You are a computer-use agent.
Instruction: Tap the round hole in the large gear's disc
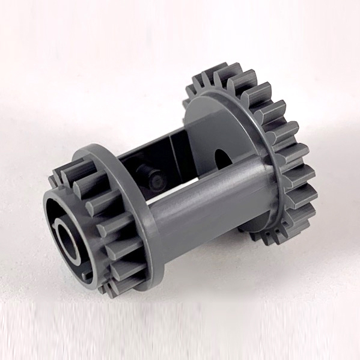click(222, 155)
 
